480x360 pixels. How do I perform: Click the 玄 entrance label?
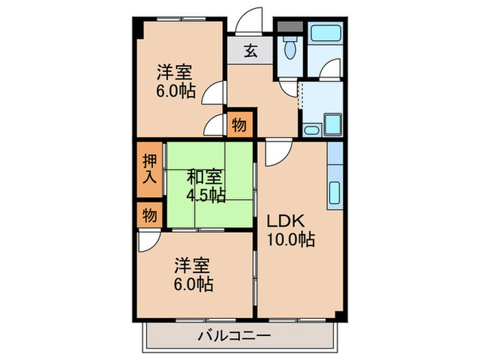pyautogui.click(x=251, y=51)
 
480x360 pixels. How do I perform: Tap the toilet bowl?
pyautogui.click(x=289, y=48)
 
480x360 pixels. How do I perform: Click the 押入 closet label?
pyautogui.click(x=149, y=169)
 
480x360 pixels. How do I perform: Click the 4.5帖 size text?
pyautogui.click(x=205, y=195)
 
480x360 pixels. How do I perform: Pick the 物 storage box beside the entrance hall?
pyautogui.click(x=239, y=125)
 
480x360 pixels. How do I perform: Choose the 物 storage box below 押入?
pyautogui.click(x=149, y=215)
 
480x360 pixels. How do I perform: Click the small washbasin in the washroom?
pyautogui.click(x=311, y=129)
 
